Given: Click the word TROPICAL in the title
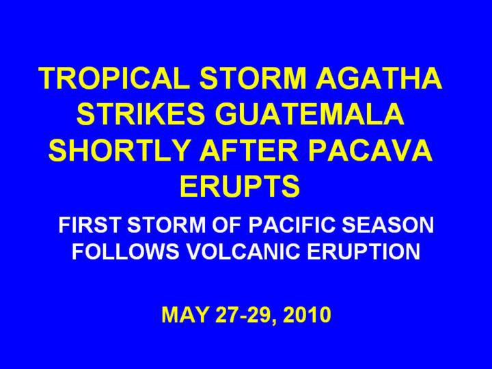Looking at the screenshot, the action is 114,78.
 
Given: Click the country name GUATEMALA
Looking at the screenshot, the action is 310,113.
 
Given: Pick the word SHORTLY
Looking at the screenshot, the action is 118,150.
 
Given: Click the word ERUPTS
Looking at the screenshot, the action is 240,186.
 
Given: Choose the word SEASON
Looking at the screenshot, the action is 388,225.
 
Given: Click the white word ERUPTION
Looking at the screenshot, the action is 364,251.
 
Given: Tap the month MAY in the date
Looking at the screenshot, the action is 184,314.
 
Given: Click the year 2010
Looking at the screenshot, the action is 307,314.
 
